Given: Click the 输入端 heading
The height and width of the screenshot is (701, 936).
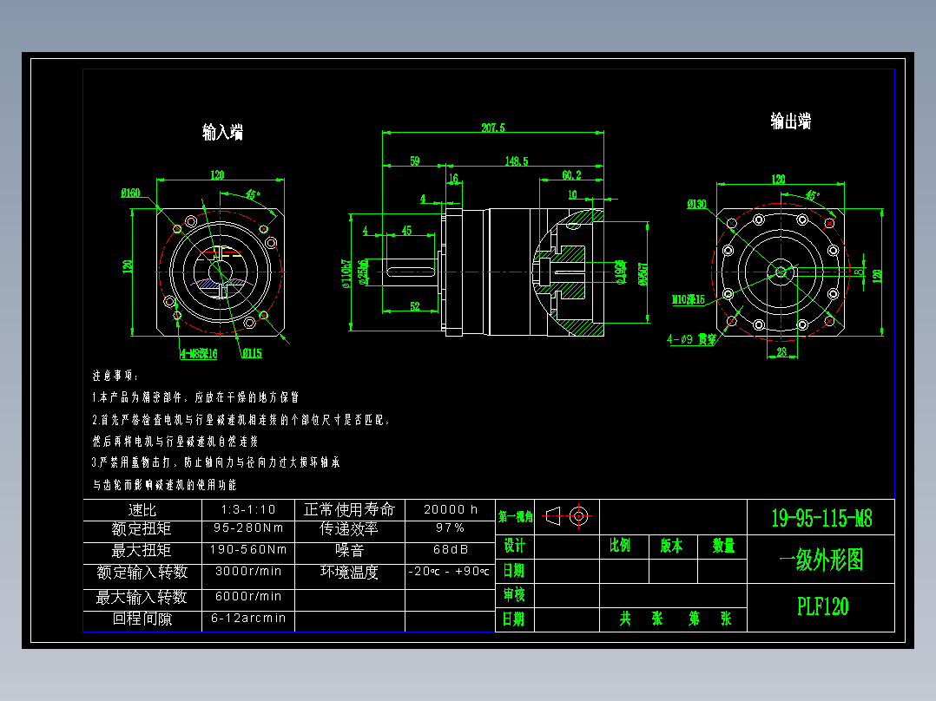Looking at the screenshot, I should coord(222,132).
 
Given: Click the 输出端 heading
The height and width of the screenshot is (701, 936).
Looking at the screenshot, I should coord(790,121).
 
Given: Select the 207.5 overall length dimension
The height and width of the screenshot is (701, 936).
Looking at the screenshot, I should coord(492,128).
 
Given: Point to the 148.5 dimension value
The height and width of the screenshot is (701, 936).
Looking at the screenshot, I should coord(517,161).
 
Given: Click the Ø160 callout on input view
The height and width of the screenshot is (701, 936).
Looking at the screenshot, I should coord(131,193).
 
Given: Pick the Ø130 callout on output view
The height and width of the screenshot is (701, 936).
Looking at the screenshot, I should coord(696,205).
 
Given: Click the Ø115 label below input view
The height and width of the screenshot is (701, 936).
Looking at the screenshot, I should coord(252,353).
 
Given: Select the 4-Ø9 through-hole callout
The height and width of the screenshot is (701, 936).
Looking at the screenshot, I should coord(691,340).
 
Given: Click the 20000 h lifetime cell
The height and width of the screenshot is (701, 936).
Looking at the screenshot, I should coord(450,509).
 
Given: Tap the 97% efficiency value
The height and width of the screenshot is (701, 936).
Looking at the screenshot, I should coord(450,528).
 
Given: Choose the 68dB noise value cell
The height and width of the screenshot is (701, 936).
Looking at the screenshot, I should coord(450,549).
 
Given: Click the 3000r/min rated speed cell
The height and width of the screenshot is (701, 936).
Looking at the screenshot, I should coord(247,572).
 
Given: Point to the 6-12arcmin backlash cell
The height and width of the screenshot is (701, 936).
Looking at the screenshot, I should coord(247,619).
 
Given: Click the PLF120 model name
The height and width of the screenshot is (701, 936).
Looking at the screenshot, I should coord(822,606).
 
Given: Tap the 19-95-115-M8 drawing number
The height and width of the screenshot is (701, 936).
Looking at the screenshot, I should coord(821,519).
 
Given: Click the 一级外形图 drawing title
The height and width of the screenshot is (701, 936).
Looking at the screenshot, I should coord(821,560).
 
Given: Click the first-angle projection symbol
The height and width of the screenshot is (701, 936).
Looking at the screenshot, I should coord(569,517).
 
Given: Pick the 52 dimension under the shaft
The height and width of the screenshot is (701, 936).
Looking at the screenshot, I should coord(415,306).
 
